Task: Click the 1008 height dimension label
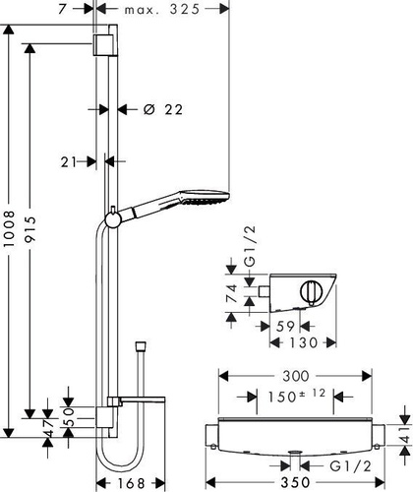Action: click(10, 229)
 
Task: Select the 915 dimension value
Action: click(30, 229)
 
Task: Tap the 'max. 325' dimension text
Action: click(162, 9)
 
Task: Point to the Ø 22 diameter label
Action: click(163, 109)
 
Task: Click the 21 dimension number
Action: click(69, 161)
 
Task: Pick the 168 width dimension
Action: click(131, 483)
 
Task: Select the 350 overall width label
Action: click(295, 482)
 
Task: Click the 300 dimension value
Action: click(296, 376)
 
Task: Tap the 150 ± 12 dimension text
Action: click(297, 396)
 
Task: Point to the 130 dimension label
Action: click(304, 342)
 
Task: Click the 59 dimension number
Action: click(286, 327)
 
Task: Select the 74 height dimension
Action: click(232, 293)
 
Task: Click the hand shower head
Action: click(204, 197)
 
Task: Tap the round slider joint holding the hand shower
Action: click(113, 219)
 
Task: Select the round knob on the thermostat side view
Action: click(312, 293)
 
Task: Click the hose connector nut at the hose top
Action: click(141, 347)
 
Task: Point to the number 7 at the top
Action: click(62, 9)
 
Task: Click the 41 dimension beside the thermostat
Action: click(405, 435)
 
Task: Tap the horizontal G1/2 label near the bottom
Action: click(350, 466)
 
